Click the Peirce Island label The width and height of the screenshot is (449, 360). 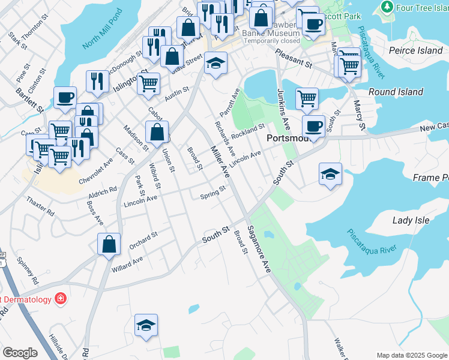coord(416,50)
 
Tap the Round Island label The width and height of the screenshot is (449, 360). coord(396,92)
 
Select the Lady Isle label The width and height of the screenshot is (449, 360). coord(411,220)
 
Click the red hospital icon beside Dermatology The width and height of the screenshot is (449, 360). coord(60,298)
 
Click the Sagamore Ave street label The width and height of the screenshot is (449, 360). coord(259,249)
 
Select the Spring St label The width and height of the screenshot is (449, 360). coord(212,193)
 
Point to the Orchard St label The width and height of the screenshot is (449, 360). coord(143,239)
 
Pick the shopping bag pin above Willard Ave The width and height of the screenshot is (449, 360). coord(108,244)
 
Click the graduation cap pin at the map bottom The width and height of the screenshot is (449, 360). coord(146,325)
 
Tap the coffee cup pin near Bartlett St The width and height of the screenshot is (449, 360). coord(65,97)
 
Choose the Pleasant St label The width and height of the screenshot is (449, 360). coord(294,58)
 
